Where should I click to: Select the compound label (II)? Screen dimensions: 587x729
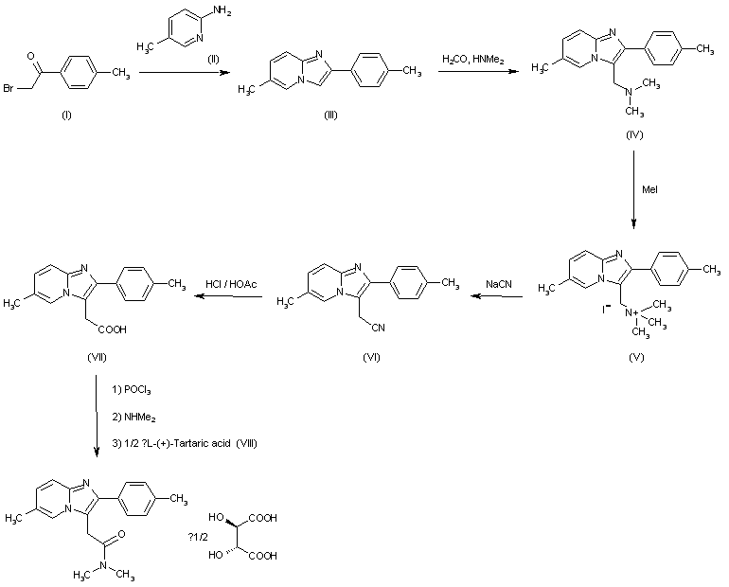point(215,61)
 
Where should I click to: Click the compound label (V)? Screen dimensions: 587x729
point(635,361)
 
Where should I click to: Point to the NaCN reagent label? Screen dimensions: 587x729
point(500,283)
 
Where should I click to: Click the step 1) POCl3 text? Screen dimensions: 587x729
point(133,391)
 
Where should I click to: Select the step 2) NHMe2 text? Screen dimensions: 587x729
point(133,415)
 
